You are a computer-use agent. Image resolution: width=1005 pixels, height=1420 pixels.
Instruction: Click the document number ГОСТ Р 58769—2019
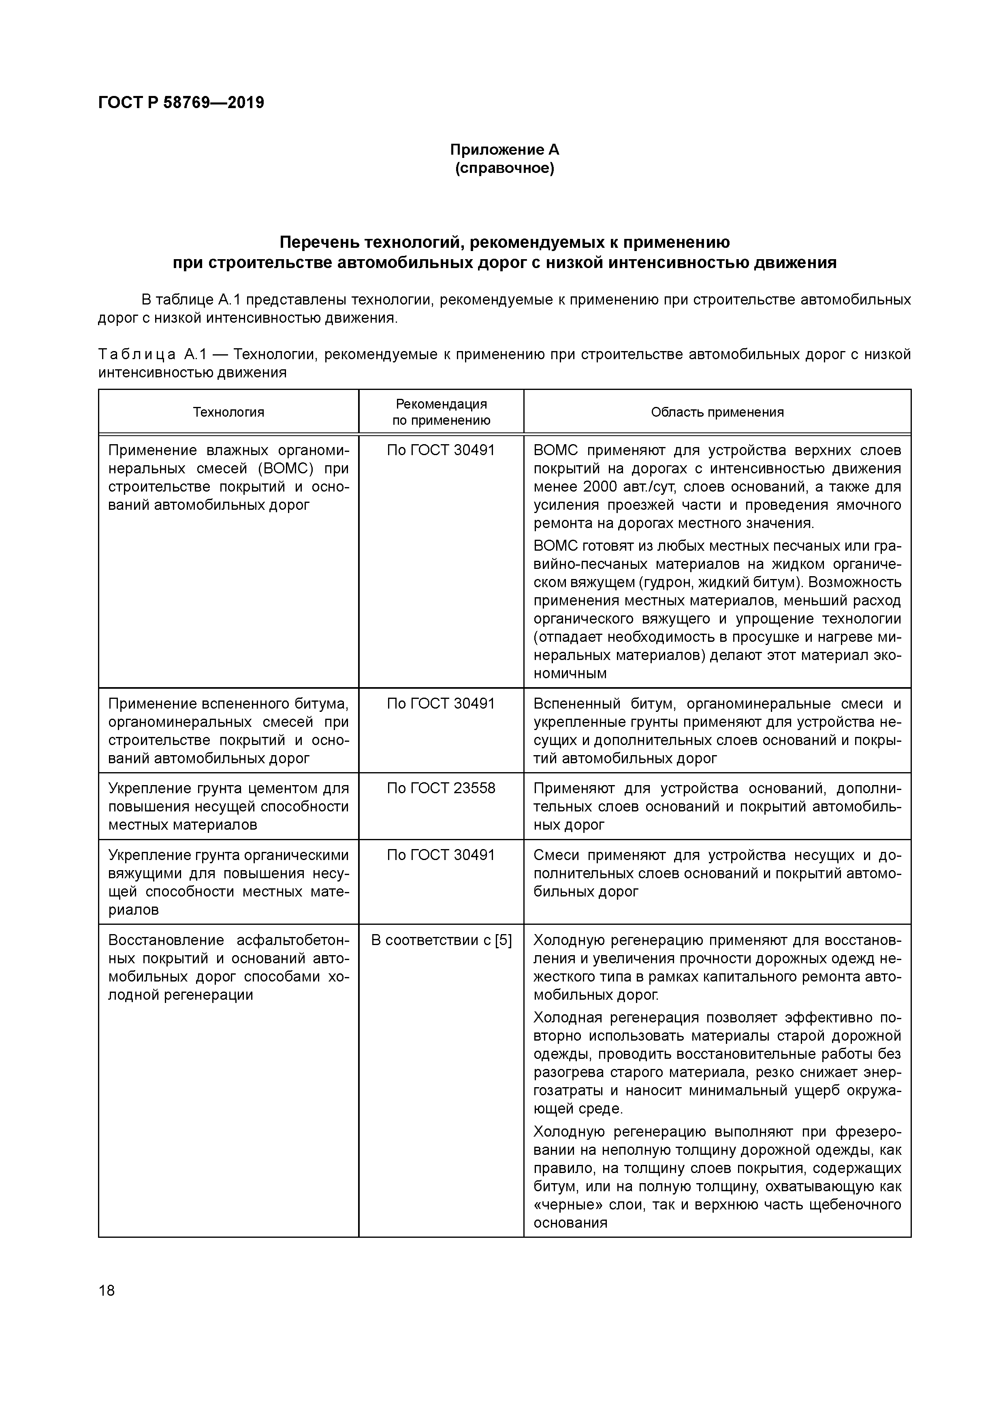coord(181,103)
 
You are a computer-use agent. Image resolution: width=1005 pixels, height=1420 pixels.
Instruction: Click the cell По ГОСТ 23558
coord(441,788)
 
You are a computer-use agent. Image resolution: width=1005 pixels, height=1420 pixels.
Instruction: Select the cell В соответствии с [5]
coord(441,940)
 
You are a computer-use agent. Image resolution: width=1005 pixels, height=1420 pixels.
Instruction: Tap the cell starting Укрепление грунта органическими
coord(228,882)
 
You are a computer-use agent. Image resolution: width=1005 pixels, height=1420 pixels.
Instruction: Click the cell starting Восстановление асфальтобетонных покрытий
coord(228,967)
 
